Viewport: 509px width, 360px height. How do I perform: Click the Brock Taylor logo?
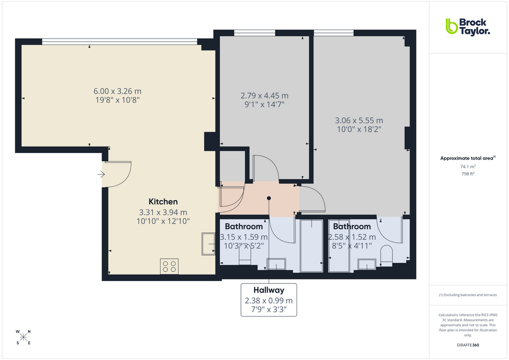coord(467,26)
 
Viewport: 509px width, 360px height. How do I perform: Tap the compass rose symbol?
coord(23,337)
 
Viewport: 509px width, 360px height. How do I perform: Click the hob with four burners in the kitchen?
coord(169,266)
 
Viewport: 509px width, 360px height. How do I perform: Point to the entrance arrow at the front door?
coord(101,174)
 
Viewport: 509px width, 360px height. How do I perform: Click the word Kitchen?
coord(163,201)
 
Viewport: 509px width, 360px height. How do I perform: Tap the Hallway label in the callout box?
coord(268,290)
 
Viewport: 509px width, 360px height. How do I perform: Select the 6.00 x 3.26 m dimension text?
coord(117,91)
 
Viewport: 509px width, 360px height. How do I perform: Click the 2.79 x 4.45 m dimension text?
coord(264,95)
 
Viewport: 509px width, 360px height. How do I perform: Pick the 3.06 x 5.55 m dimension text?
coord(359,120)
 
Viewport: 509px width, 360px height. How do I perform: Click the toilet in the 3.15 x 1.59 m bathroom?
coord(244,256)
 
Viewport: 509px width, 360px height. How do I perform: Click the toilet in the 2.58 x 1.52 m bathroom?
coord(386,255)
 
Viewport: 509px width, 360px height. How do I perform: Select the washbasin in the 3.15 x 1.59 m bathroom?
coord(276,263)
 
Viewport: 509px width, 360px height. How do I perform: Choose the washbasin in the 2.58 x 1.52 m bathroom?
coord(367,264)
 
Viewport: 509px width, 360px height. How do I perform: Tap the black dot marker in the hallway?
coord(269,198)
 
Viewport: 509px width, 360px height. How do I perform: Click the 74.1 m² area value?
coord(468,166)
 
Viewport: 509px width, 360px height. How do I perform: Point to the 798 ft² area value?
coord(468,173)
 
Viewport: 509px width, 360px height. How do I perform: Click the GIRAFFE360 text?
coord(468,345)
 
